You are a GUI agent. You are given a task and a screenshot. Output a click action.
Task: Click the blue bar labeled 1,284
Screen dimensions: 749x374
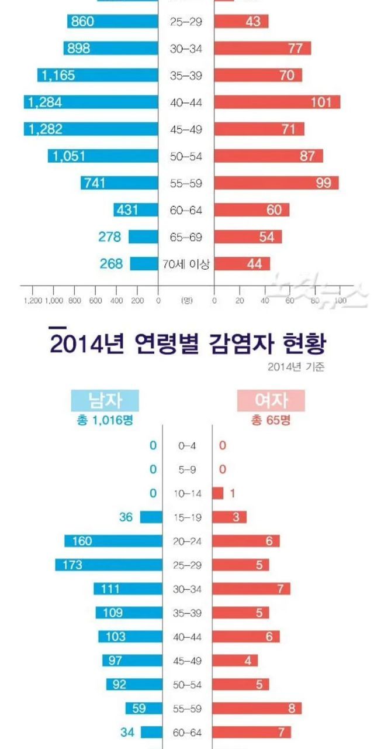tap(91, 102)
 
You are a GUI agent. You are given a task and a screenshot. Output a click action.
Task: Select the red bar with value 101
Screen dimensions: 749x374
tap(276, 102)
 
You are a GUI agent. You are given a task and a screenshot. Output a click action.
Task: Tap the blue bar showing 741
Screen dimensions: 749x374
tap(119, 183)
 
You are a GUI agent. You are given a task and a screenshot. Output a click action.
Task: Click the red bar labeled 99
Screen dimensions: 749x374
tap(276, 183)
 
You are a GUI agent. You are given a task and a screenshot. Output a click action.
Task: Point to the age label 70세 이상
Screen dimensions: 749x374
tap(186, 264)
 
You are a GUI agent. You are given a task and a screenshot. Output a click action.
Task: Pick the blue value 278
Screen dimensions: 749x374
tap(110, 237)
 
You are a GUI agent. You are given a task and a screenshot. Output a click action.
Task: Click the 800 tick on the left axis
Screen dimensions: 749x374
tap(74, 301)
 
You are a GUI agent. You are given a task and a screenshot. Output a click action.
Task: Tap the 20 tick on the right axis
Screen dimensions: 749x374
tap(240, 301)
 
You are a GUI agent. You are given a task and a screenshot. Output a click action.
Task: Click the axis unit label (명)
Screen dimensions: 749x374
tap(186, 301)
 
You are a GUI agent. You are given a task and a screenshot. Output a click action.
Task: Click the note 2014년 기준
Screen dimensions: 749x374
tap(296, 367)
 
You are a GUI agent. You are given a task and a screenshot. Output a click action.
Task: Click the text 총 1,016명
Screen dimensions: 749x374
tap(105, 420)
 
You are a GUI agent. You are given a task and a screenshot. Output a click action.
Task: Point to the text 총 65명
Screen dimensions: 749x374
tap(271, 420)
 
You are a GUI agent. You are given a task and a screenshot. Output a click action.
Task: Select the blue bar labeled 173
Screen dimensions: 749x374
tap(108, 565)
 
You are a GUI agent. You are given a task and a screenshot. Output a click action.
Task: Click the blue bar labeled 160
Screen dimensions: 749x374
tap(113, 541)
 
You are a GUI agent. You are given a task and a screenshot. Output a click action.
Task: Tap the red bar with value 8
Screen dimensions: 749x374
tap(257, 708)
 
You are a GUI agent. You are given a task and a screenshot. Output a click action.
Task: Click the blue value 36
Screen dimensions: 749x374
tap(126, 517)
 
